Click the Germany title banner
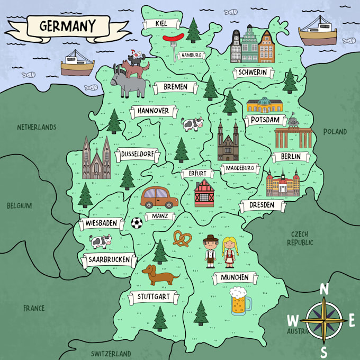67,26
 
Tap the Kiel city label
160,23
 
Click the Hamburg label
191,55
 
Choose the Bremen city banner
175,87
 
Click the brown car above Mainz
160,197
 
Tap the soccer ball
137,223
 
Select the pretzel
183,239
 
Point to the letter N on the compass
324,289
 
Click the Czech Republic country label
300,238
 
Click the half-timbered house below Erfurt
204,193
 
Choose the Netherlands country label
37,127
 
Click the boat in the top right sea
318,31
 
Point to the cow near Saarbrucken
101,242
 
